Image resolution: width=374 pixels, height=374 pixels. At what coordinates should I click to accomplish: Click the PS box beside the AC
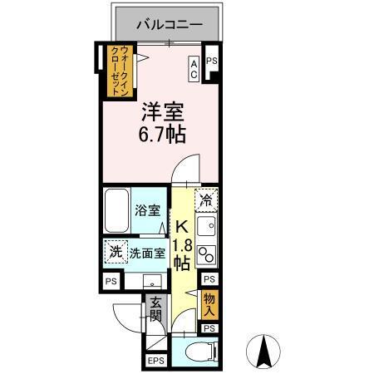click(211, 62)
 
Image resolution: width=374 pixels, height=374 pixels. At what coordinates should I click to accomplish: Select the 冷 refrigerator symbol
click(206, 199)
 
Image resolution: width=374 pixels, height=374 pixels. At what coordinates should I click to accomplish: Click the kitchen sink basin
click(208, 225)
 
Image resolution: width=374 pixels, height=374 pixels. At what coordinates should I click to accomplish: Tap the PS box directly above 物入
click(209, 281)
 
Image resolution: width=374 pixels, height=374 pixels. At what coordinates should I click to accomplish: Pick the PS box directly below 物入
click(209, 329)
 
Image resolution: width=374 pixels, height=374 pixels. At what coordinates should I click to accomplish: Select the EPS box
click(155, 360)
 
